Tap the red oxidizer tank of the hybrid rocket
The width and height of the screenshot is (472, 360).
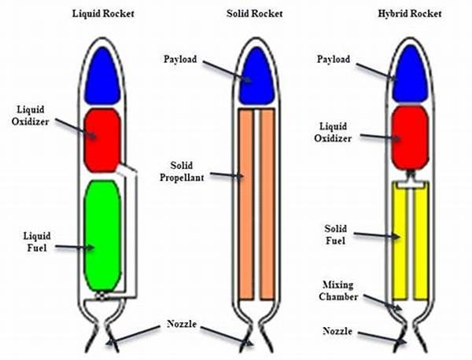410,137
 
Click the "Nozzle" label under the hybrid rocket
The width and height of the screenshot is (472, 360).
337,332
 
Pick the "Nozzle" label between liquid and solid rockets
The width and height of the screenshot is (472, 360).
181,324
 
